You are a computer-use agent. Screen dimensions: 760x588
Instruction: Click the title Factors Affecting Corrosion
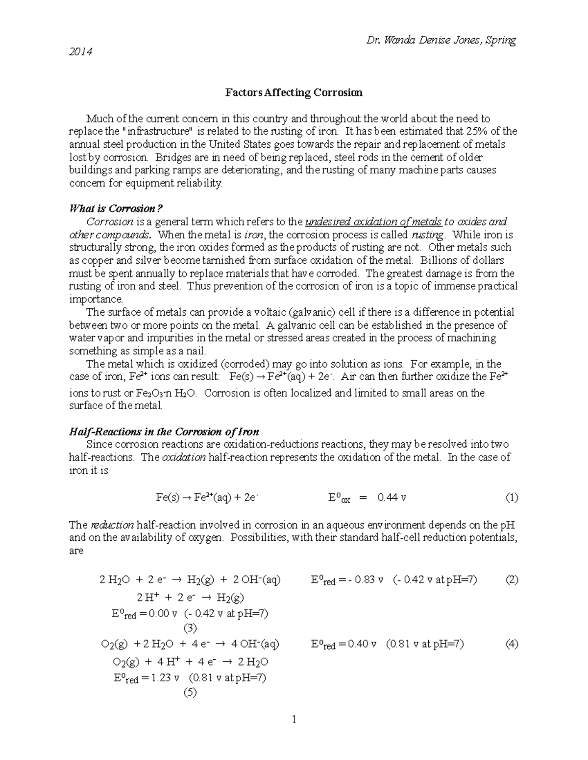click(294, 92)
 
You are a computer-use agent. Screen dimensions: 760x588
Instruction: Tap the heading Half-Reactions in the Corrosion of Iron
click(164, 432)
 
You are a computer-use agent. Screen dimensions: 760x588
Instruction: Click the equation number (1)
click(512, 498)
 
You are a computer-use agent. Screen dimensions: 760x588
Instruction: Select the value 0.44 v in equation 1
click(392, 498)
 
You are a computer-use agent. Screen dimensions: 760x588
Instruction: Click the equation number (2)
click(512, 580)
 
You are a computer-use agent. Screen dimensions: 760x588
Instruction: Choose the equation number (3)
click(189, 628)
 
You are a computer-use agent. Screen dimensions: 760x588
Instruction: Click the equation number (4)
click(512, 644)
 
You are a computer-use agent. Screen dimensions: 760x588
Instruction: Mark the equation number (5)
click(189, 692)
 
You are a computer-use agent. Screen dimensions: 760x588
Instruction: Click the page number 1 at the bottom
click(294, 719)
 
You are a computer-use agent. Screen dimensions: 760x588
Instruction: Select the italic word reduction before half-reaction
click(112, 525)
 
